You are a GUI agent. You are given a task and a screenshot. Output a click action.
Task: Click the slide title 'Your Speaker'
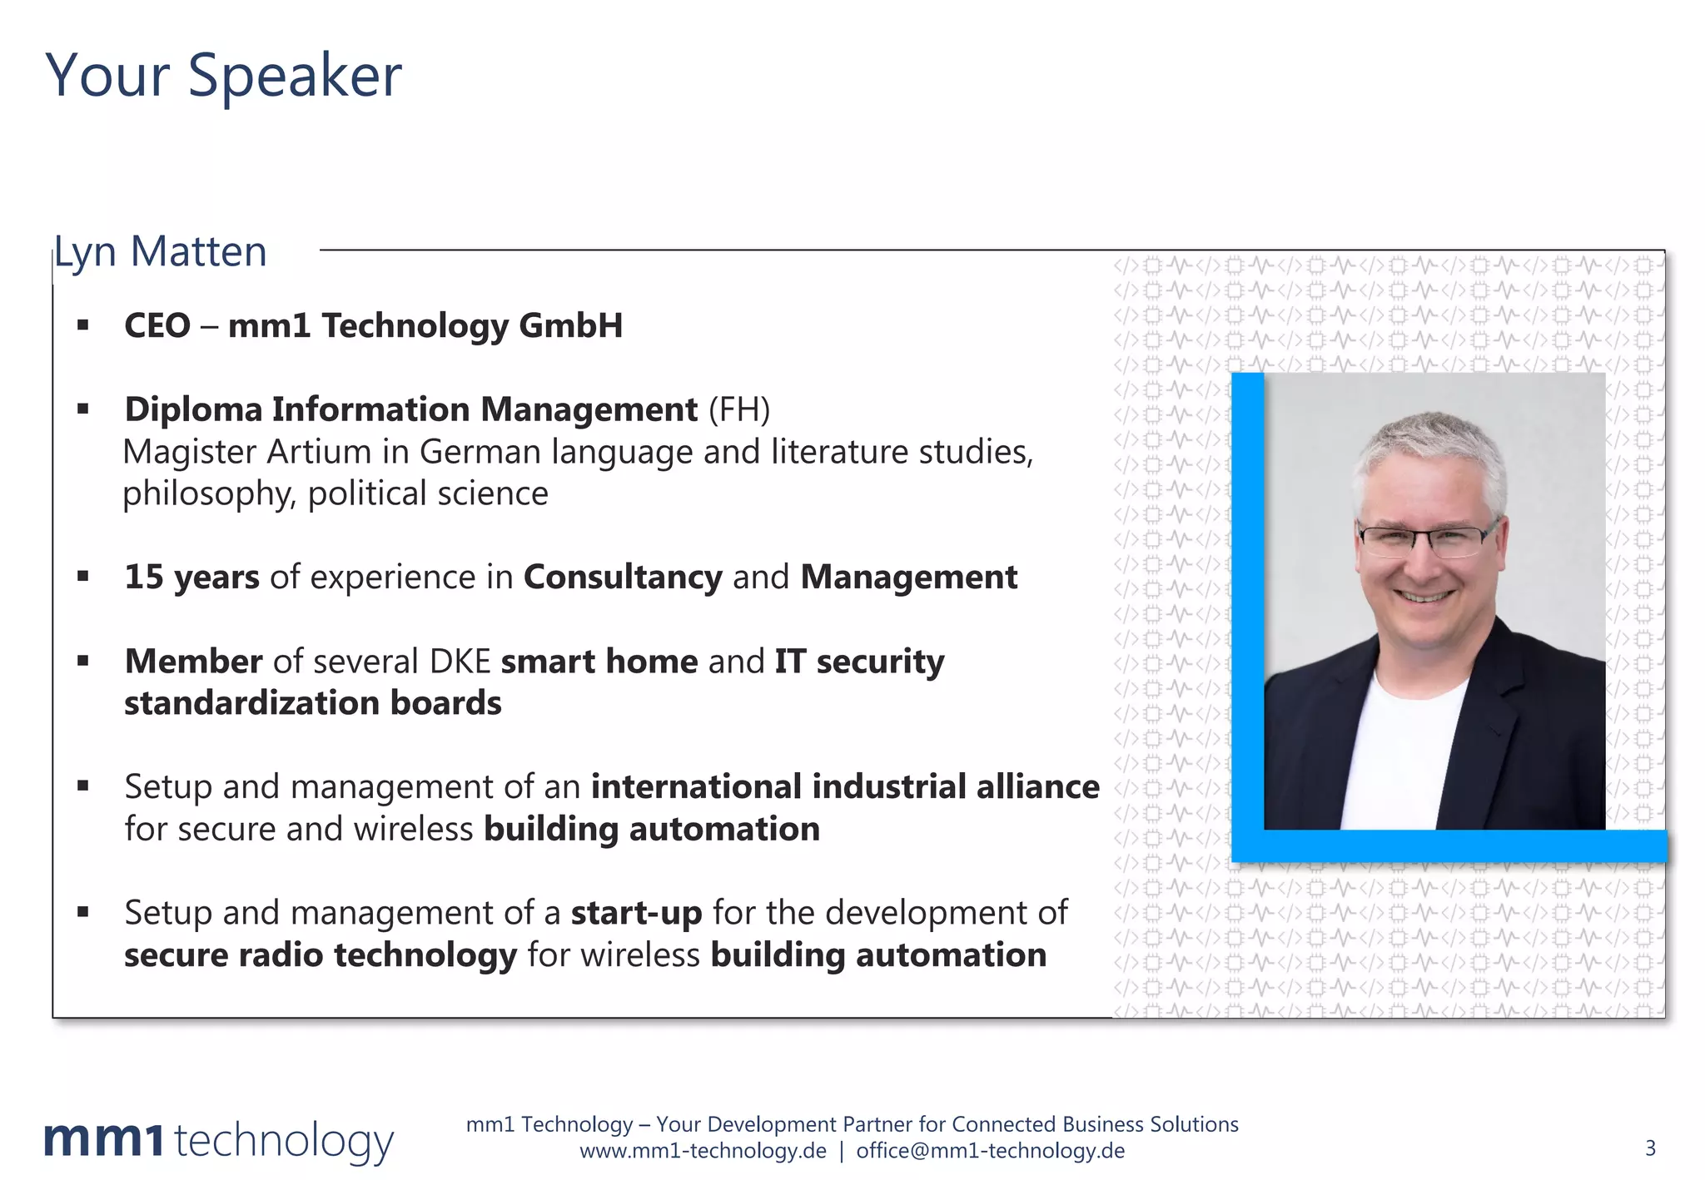click(223, 76)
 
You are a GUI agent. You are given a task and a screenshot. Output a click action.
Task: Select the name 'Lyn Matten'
click(161, 251)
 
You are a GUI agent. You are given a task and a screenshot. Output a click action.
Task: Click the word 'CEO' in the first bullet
click(157, 325)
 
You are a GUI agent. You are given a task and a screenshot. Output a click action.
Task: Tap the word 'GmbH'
click(570, 325)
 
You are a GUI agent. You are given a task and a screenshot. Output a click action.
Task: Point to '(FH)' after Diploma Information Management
click(739, 409)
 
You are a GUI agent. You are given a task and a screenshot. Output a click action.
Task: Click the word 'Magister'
click(189, 452)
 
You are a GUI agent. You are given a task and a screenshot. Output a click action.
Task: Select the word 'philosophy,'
click(209, 494)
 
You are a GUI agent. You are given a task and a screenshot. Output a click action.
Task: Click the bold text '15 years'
click(191, 577)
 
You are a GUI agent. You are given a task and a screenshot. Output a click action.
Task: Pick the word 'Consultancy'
click(623, 577)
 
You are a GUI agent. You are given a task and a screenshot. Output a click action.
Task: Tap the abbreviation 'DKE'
click(460, 662)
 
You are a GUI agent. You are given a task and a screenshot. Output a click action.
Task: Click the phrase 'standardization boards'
click(313, 703)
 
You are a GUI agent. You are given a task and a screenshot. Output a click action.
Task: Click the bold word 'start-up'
click(636, 913)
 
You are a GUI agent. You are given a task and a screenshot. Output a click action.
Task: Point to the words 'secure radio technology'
click(321, 955)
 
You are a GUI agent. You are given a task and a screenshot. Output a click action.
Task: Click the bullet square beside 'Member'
click(82, 662)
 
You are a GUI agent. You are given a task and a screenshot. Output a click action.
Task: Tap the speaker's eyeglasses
click(1427, 542)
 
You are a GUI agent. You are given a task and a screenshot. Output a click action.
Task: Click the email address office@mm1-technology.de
click(990, 1151)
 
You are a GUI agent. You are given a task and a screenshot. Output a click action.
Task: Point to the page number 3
click(1650, 1148)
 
